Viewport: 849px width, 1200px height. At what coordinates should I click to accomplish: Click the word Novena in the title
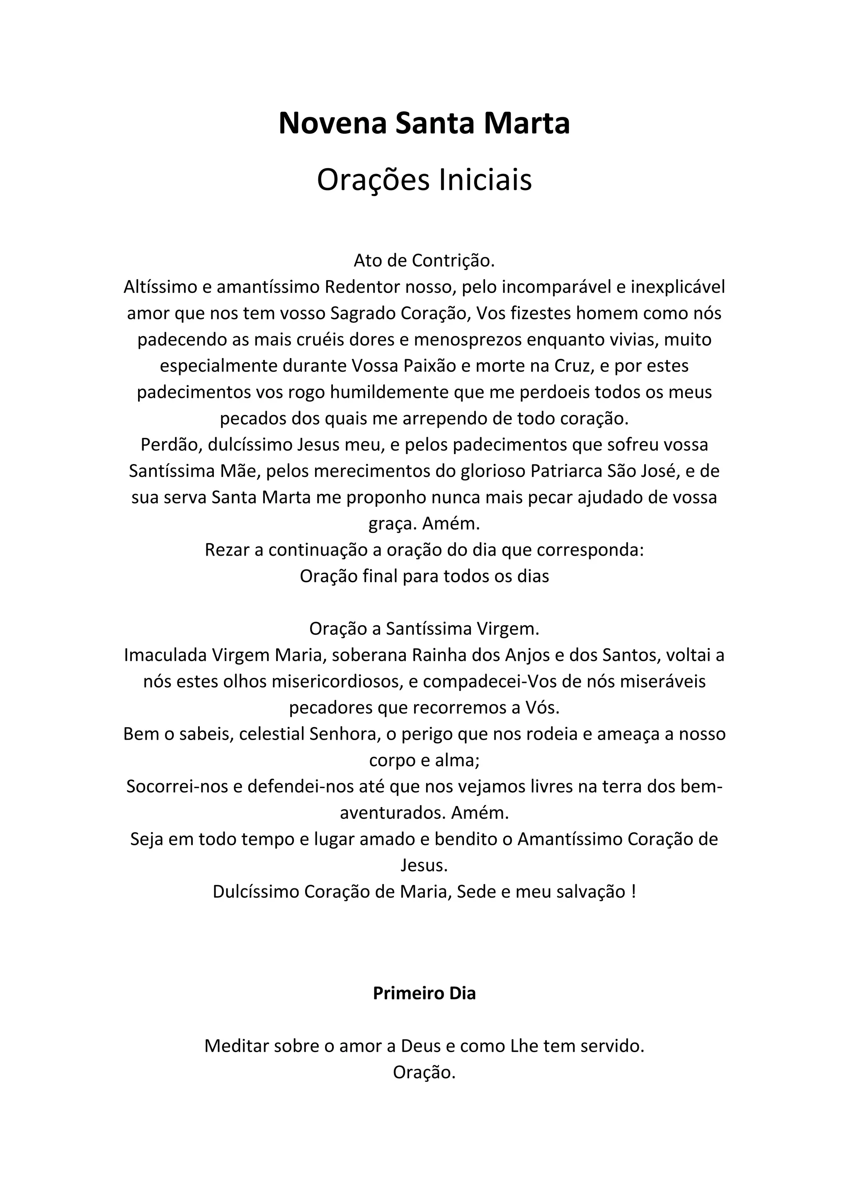[x=332, y=124]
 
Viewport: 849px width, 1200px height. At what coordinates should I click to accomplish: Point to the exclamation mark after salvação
[x=633, y=892]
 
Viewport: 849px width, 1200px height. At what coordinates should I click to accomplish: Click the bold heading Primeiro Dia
[x=424, y=994]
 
